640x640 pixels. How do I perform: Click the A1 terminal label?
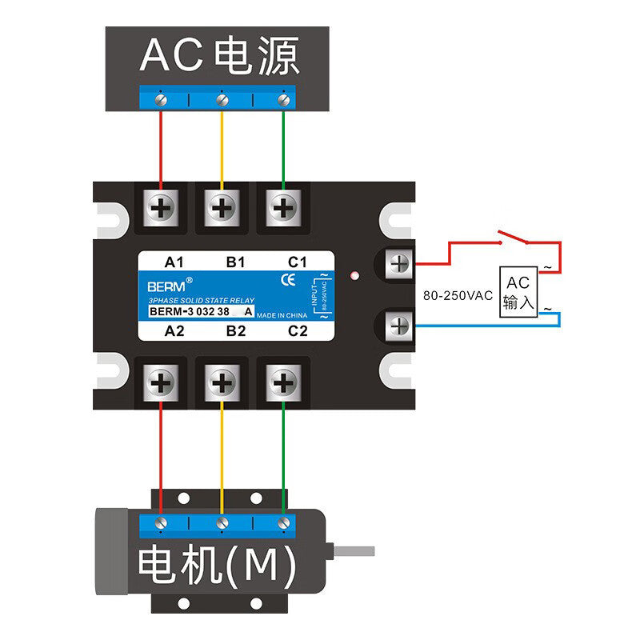[174, 262]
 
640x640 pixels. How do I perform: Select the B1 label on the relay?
[236, 262]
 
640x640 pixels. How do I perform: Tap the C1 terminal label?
[298, 262]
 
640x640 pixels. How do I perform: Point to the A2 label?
[174, 330]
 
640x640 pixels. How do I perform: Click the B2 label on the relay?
[236, 330]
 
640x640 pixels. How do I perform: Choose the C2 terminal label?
[298, 330]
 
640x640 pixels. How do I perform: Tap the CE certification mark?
[289, 280]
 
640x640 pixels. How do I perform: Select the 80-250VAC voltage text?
[458, 295]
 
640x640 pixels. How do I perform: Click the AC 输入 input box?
[517, 293]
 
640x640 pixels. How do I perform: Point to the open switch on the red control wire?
[510, 238]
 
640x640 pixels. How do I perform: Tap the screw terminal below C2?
[282, 383]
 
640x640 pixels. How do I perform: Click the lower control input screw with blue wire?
[398, 325]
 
